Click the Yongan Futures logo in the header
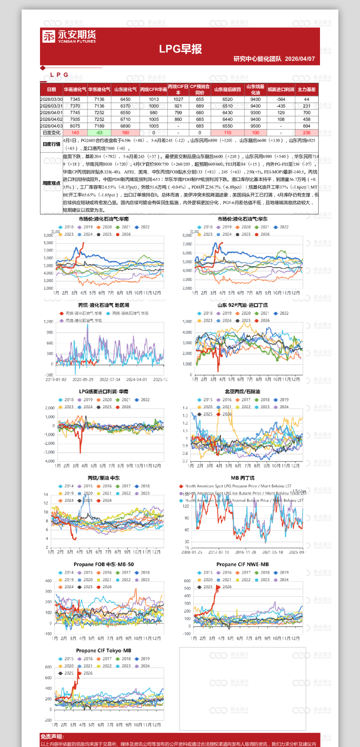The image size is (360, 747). [x=69, y=36]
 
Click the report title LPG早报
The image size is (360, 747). [x=180, y=49]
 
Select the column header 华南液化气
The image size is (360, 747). [x=75, y=89]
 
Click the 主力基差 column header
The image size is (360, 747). [x=306, y=89]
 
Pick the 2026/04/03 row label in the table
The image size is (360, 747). [x=52, y=126]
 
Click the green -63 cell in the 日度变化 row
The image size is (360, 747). [x=99, y=133]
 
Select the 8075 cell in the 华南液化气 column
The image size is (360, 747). [x=75, y=126]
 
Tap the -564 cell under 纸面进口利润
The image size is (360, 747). [x=281, y=99]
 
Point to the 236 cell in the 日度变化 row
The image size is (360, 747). [x=307, y=133]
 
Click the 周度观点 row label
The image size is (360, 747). [x=52, y=183]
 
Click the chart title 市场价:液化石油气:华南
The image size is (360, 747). [x=104, y=219]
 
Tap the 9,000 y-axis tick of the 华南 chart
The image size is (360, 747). [x=48, y=235]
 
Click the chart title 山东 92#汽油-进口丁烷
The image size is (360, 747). [x=242, y=305]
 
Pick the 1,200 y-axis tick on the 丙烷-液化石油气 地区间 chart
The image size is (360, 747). [x=48, y=321]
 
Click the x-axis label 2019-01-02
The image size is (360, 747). [x=56, y=380]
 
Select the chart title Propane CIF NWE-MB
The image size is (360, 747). [x=242, y=564]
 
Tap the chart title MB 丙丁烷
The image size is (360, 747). [x=243, y=478]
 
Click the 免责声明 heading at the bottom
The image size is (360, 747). [x=52, y=737]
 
